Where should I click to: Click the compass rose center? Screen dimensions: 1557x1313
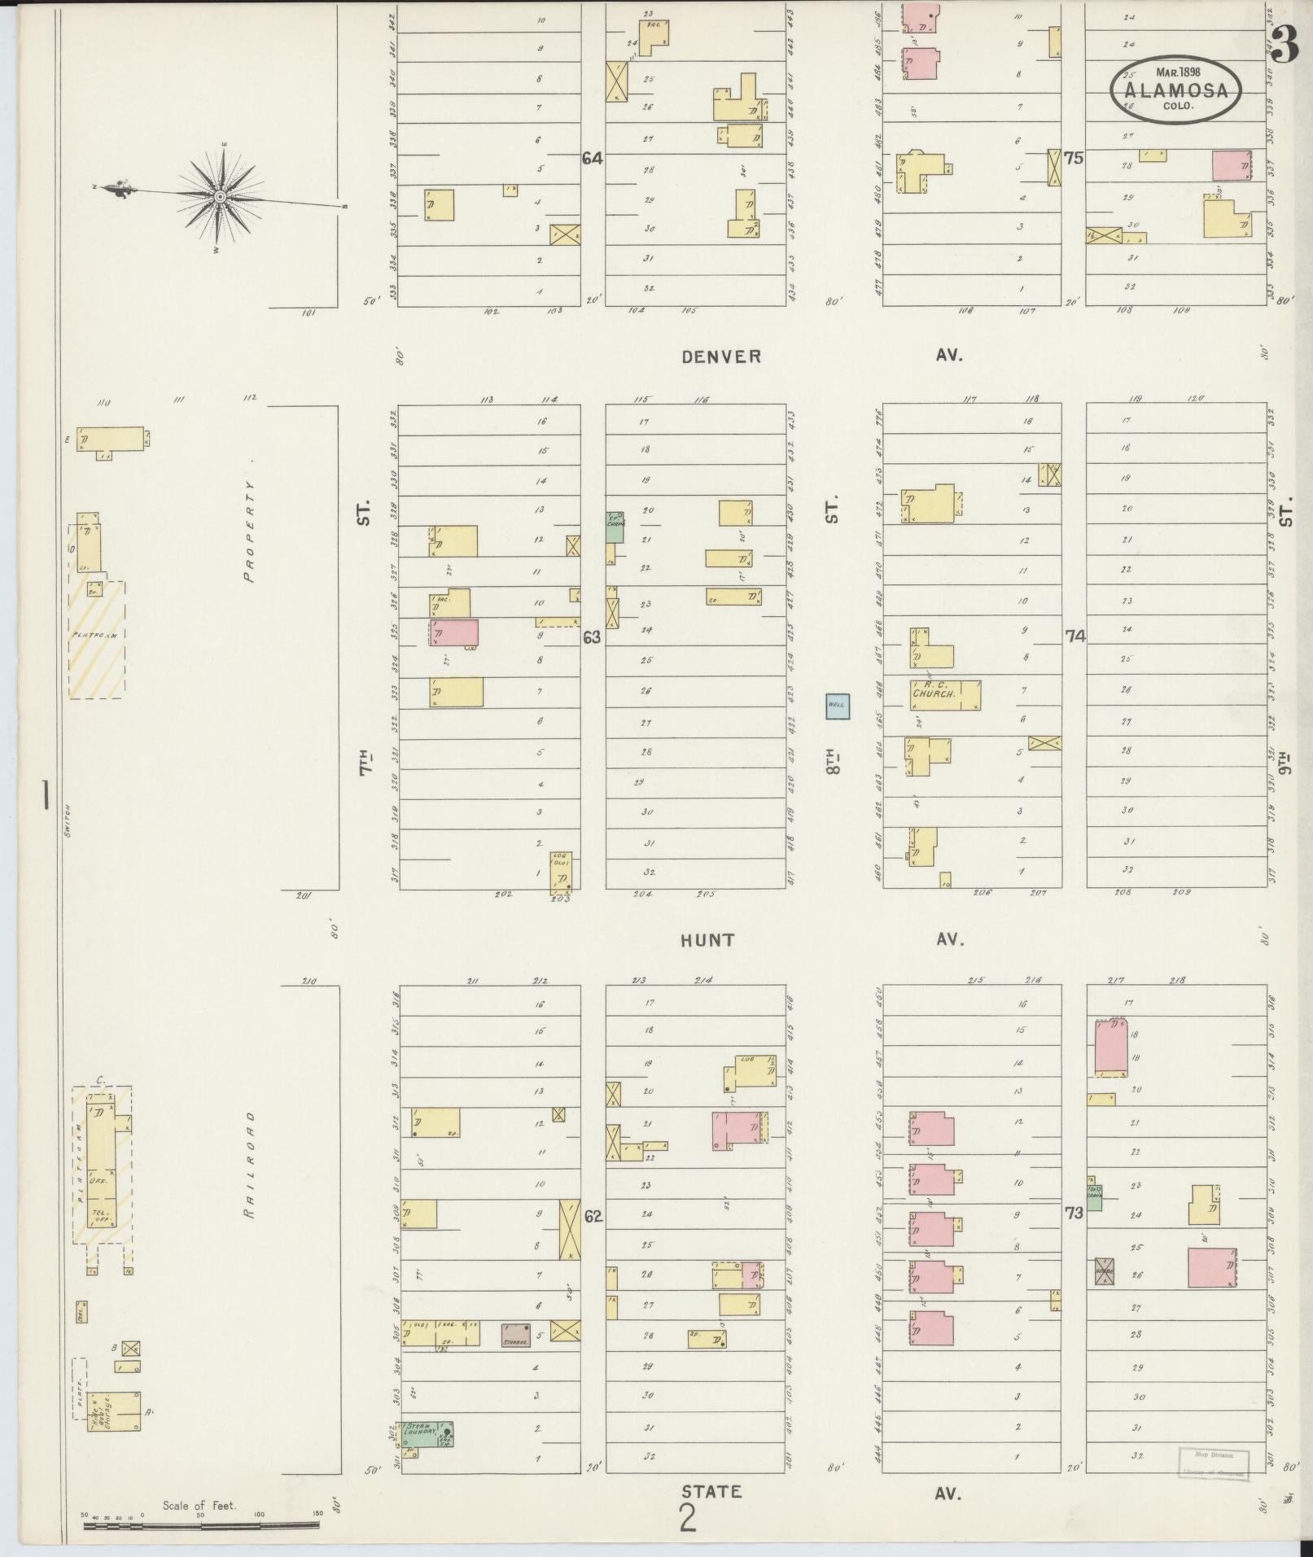[x=221, y=197]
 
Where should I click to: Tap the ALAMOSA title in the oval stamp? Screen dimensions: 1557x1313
[x=1176, y=91]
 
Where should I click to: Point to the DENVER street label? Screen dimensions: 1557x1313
[x=721, y=356]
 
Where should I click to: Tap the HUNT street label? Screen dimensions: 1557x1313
[x=708, y=940]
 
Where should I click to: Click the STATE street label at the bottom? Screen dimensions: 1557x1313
[x=711, y=1492]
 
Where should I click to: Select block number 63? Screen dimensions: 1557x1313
[x=592, y=637]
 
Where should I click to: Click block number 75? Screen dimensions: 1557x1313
[x=1074, y=159]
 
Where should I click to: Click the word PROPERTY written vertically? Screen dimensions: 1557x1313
[x=249, y=531]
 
